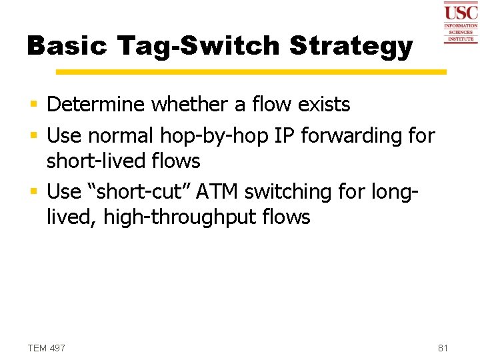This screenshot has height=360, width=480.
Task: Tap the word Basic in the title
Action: (68, 45)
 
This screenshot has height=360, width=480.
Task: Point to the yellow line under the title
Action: (251, 71)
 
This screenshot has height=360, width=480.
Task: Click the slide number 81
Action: (443, 348)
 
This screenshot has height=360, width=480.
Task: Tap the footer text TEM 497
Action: (46, 348)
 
